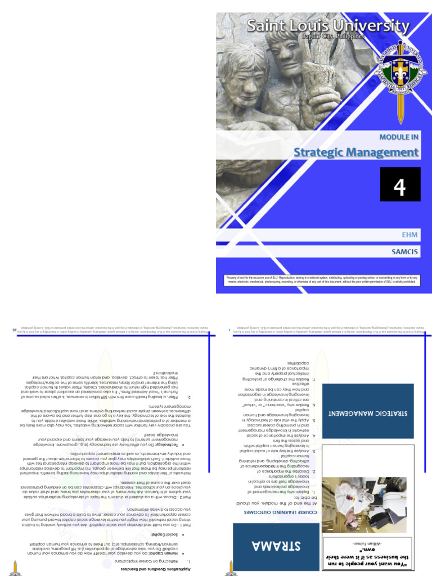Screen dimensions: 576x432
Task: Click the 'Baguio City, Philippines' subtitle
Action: [336, 36]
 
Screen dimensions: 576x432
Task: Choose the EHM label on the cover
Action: [411, 235]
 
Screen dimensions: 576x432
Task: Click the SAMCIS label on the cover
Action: [405, 252]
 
